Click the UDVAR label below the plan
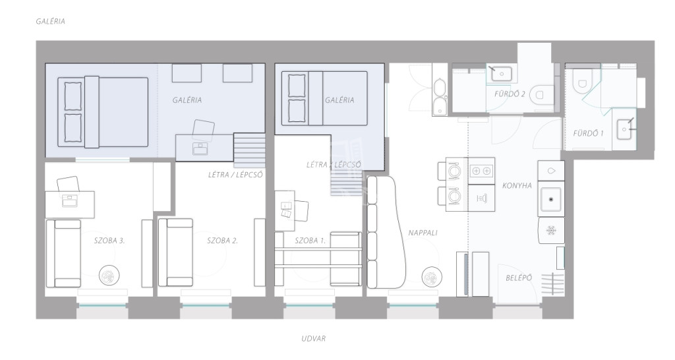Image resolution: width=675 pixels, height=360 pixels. point(313,338)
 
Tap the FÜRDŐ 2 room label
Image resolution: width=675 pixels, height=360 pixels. point(510,94)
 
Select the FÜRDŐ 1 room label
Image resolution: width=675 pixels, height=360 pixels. point(588,133)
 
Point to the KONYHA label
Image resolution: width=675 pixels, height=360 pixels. point(517,185)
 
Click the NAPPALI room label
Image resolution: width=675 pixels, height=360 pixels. point(423,233)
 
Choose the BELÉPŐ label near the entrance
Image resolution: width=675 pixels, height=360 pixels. point(519,278)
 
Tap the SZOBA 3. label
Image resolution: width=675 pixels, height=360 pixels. point(109,241)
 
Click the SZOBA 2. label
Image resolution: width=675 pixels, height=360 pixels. point(222,241)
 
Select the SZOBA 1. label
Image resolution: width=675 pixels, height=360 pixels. point(310,241)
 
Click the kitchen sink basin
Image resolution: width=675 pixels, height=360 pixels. point(551,199)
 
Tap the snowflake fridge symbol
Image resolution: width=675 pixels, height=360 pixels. point(551,231)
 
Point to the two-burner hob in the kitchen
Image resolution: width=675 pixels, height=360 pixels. point(481,171)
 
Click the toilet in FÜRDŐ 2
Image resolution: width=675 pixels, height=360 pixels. point(541,94)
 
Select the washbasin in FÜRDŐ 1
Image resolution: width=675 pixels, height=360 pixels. point(624,129)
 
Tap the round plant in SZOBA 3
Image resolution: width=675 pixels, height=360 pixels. point(109,276)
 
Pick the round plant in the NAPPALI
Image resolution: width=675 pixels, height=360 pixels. point(431,277)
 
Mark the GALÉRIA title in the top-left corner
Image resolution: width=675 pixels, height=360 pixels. point(51,21)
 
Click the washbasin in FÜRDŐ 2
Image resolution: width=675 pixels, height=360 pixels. point(502,74)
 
